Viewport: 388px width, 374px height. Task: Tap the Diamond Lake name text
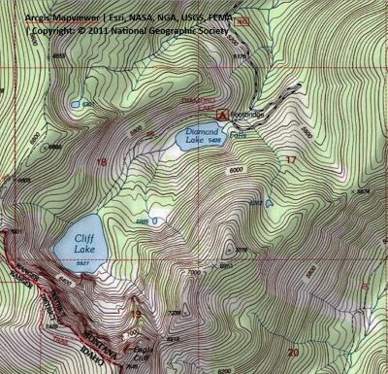200,137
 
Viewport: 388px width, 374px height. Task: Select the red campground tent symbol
223,114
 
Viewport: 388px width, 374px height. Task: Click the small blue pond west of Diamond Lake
74,102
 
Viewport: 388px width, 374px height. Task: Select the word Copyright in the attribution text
54,30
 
